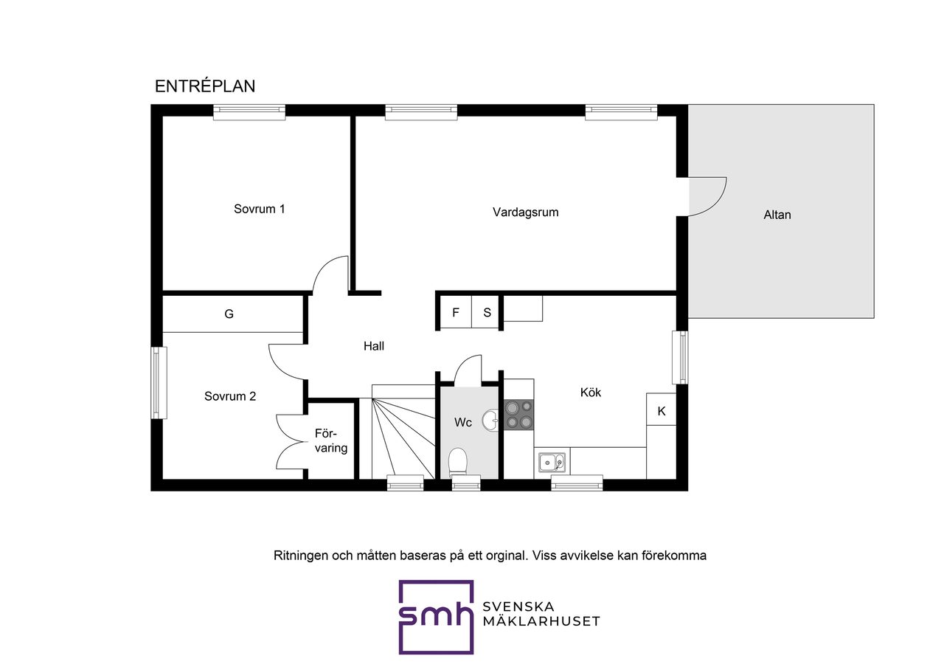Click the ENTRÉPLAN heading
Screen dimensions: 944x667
[x=205, y=86]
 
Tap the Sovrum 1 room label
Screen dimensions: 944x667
[x=259, y=209]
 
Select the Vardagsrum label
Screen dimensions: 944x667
[x=526, y=212]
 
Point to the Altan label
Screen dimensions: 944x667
[x=777, y=215]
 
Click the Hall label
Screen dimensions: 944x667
[x=374, y=346]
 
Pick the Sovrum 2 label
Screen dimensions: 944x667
[x=230, y=396]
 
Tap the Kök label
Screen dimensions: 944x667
[x=591, y=393]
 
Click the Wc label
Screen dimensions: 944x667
[x=462, y=423]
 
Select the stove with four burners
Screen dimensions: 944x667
[x=518, y=415]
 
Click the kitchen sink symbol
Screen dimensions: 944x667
[x=552, y=463]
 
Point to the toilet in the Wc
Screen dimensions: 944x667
[x=458, y=463]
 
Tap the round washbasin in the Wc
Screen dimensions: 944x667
[x=490, y=421]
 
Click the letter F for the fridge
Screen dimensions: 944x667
[x=456, y=312]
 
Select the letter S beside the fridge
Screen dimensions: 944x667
[x=487, y=312]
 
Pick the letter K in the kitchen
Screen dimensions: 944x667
[x=662, y=411]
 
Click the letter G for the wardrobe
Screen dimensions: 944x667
[x=229, y=314]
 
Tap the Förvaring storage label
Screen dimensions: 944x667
[x=331, y=440]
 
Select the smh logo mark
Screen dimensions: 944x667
[x=436, y=618]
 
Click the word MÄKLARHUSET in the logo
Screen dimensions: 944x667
[x=541, y=621]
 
